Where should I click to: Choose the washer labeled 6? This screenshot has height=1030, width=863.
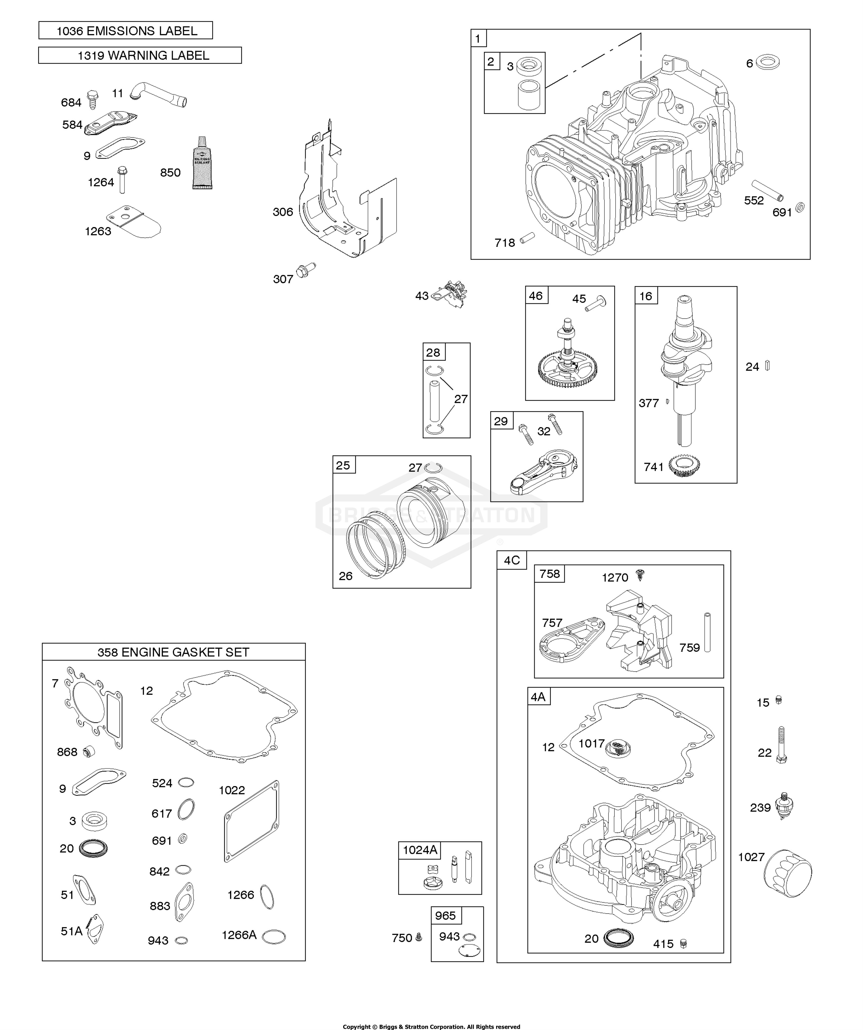tap(768, 63)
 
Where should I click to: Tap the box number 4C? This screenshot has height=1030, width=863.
tap(512, 560)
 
